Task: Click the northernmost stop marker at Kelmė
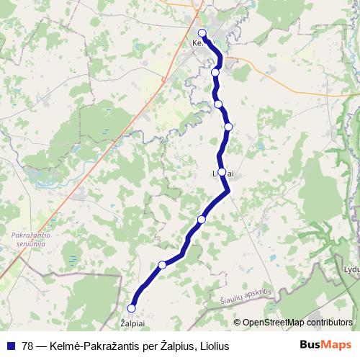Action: click(202, 33)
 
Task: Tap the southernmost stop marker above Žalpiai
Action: click(131, 308)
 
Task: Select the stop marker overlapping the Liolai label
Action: click(222, 172)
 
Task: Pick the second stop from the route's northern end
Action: click(215, 72)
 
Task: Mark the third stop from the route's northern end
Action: click(218, 104)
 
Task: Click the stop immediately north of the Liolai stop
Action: click(228, 127)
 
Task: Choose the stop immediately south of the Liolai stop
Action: click(202, 219)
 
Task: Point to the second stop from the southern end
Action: click(162, 265)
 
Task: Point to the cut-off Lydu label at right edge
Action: click(351, 269)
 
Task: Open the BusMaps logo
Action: click(325, 345)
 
